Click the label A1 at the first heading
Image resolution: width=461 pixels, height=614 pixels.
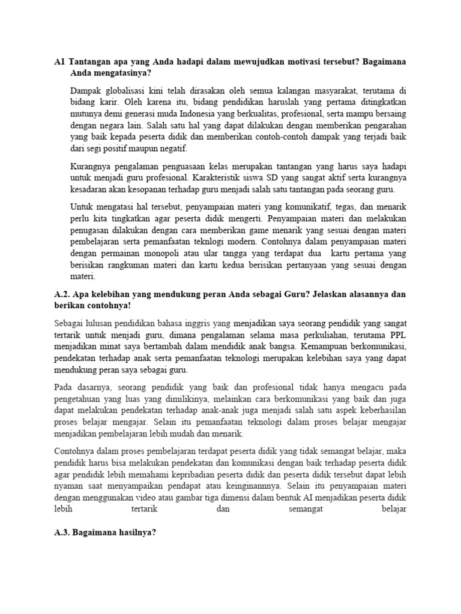coord(59,61)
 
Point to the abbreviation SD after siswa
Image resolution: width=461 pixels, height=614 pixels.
coord(266,178)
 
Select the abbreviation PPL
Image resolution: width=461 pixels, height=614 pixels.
coord(396,334)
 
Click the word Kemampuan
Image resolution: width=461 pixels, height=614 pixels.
coord(313,346)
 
